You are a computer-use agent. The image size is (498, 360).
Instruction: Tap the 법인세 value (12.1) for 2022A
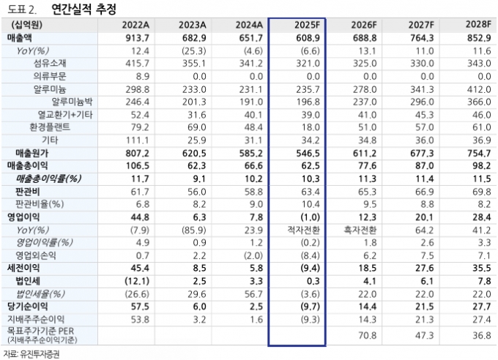coord(136,281)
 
